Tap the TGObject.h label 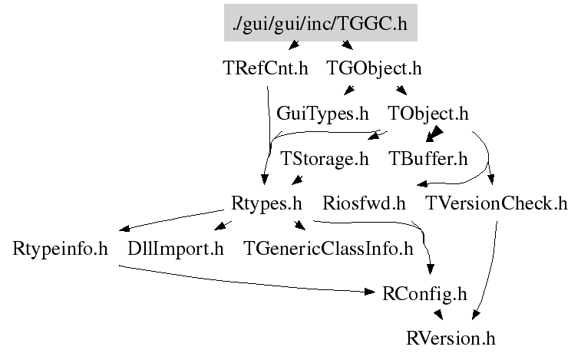(x=374, y=68)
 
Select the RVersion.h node (x=452, y=338)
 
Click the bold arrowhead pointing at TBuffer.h (x=434, y=135)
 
